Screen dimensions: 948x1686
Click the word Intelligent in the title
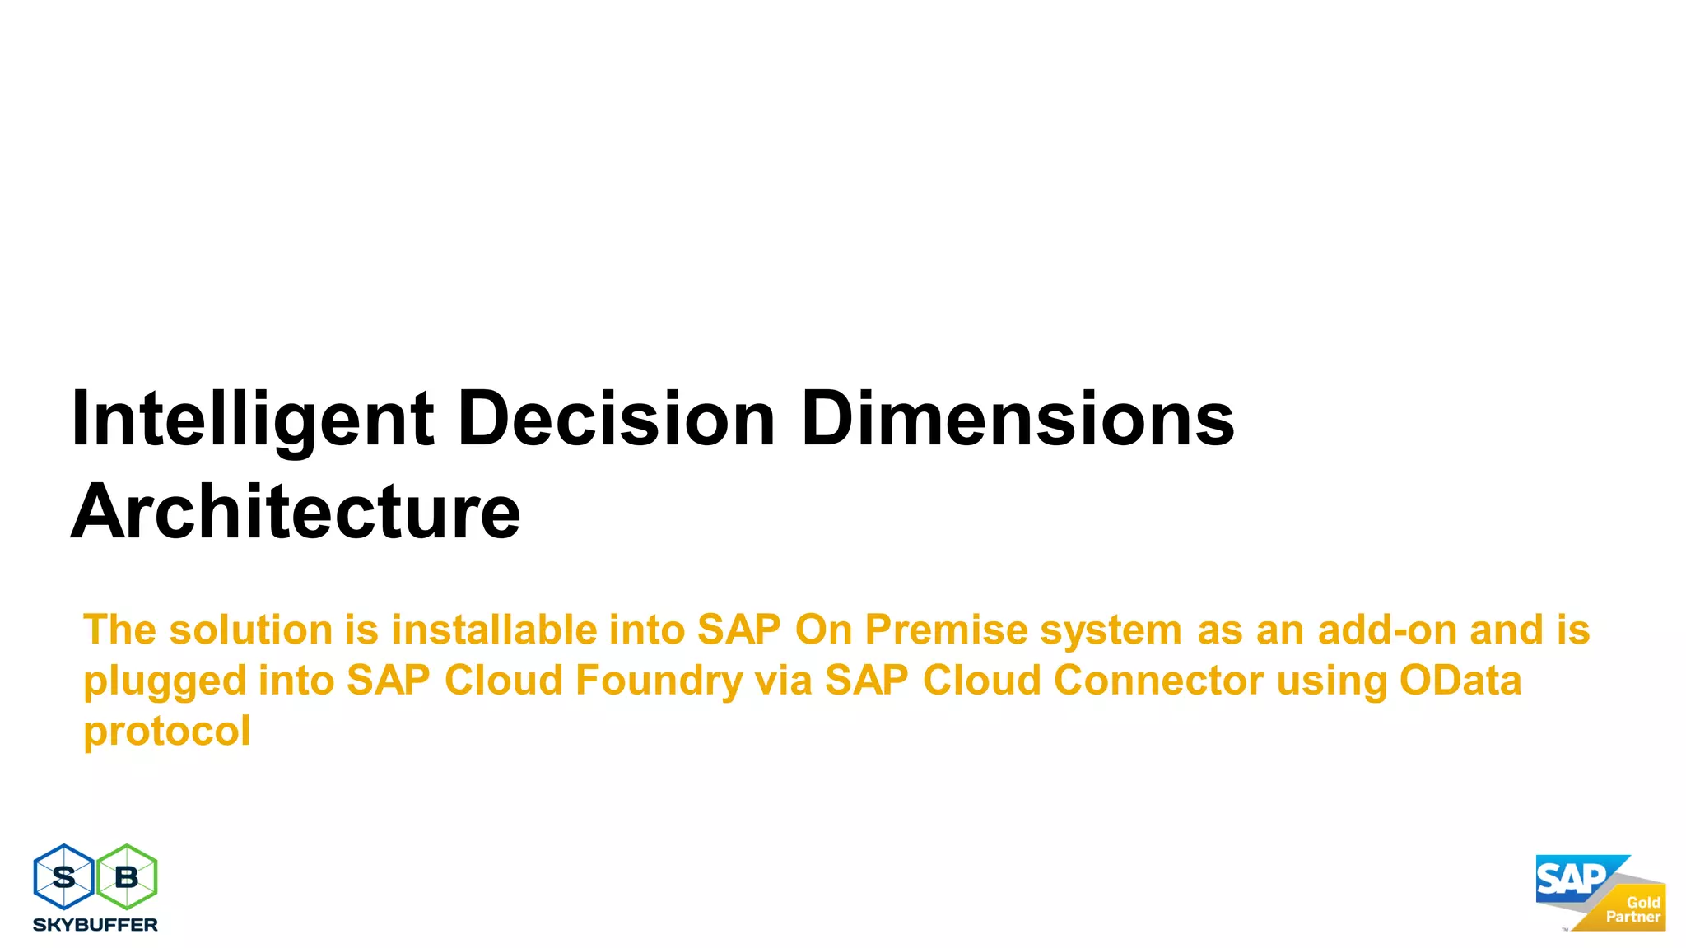(x=252, y=420)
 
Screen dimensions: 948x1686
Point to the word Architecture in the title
(x=296, y=512)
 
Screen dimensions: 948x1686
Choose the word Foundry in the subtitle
(x=659, y=681)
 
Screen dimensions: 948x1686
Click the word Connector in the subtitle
(x=1158, y=681)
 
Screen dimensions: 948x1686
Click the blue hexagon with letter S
(x=63, y=877)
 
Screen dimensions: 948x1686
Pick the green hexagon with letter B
(x=127, y=877)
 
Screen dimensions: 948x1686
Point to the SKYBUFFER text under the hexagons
(x=95, y=925)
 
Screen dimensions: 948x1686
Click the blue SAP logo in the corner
(x=1571, y=879)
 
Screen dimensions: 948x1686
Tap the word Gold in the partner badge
(x=1643, y=902)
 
